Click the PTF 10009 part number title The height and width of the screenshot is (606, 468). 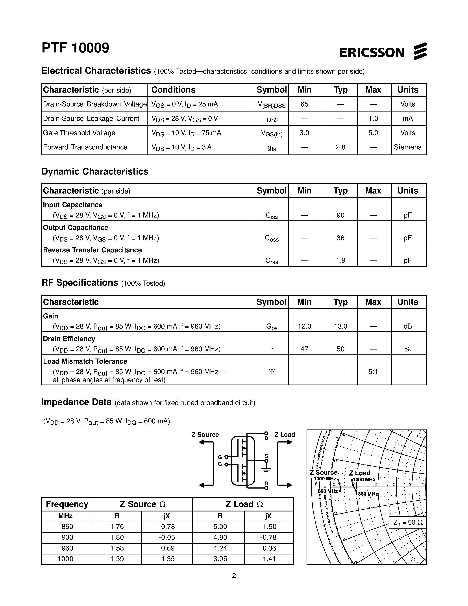(75, 48)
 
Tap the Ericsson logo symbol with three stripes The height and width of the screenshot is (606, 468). (420, 51)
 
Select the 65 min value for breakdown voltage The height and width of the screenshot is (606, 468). (304, 104)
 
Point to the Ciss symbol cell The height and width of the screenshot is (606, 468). (271, 216)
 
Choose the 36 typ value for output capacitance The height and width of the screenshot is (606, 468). (340, 238)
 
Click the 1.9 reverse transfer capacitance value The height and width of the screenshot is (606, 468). (340, 260)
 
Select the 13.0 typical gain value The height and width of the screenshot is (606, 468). (340, 326)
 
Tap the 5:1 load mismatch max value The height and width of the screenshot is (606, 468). (373, 372)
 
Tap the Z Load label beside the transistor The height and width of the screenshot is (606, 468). (285, 435)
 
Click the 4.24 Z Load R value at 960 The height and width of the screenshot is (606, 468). (220, 548)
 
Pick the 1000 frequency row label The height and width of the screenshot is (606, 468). (65, 559)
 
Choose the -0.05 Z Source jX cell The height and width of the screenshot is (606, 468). (167, 537)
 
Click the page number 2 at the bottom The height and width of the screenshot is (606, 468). (234, 576)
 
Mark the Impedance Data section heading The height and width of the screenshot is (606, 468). (76, 402)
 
